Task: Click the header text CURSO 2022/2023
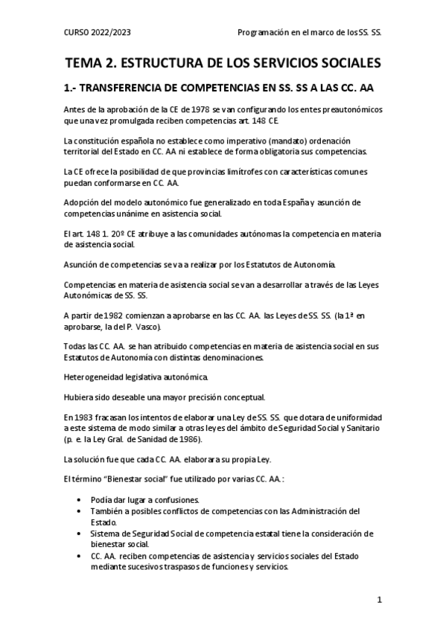[98, 33]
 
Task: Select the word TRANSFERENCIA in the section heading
[130, 88]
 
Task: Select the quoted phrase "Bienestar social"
[134, 478]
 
